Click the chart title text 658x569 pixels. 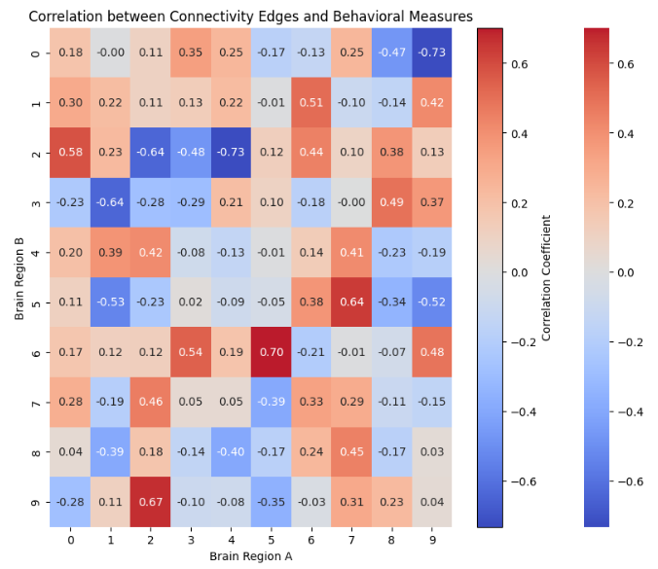coord(250,17)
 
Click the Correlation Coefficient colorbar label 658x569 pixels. coord(546,277)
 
